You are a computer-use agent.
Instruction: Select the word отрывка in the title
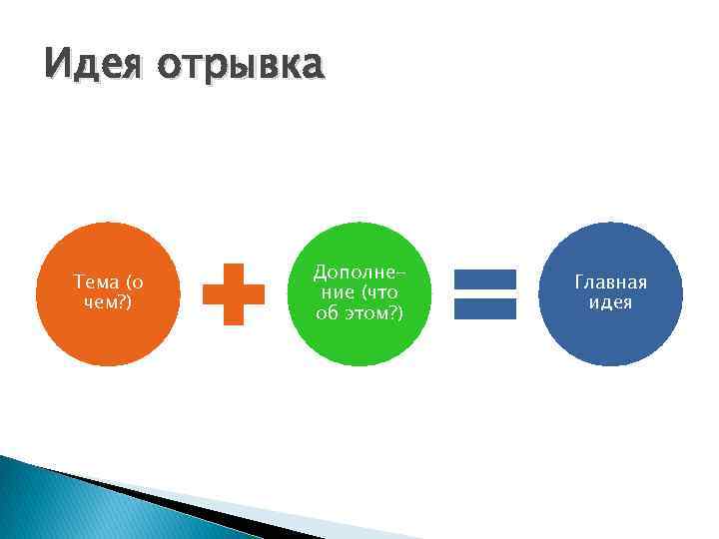coord(241,65)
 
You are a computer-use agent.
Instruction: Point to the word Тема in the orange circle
coord(96,282)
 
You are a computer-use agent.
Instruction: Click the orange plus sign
coord(234,293)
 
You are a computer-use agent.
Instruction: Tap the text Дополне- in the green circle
coord(358,273)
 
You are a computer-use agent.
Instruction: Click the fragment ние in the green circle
coord(338,292)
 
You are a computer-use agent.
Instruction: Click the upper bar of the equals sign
coord(485,279)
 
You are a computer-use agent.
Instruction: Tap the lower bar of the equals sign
coord(485,308)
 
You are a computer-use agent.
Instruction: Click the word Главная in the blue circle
coord(610,282)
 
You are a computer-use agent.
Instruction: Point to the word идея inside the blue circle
coord(610,302)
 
